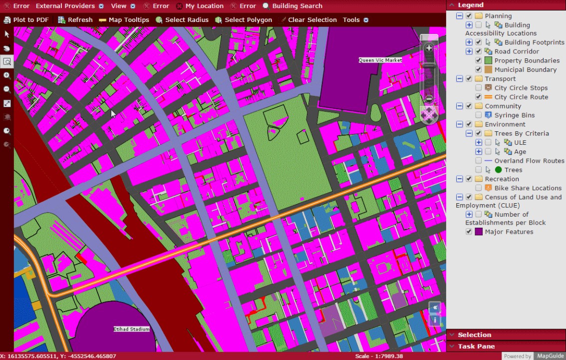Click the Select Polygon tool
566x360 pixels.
[x=244, y=20]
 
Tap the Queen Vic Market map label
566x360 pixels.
[x=380, y=60]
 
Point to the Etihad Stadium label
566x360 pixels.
[x=131, y=329]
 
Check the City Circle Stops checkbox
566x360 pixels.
[x=479, y=88]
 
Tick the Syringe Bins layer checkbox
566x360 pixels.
[x=479, y=115]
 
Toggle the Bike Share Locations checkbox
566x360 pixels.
[x=479, y=188]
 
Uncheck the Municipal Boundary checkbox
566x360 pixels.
[x=479, y=70]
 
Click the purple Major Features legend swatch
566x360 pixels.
[x=479, y=232]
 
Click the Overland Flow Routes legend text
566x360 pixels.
[x=529, y=161]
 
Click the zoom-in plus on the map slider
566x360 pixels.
[x=429, y=48]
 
